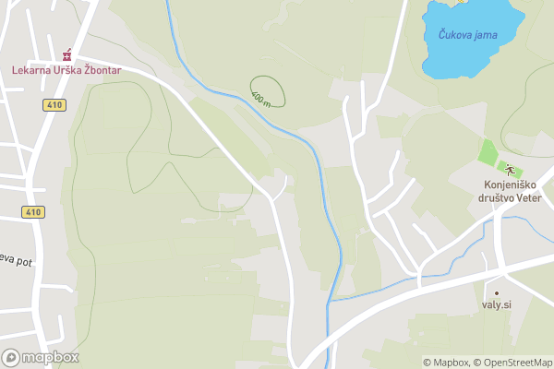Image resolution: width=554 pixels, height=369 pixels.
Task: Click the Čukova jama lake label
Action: (x=467, y=35)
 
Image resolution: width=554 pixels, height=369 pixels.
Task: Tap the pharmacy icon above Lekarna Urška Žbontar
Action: (x=66, y=55)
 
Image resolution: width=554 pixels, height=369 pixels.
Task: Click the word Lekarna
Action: (x=31, y=69)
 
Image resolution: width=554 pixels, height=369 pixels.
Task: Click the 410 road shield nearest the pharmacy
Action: (x=54, y=105)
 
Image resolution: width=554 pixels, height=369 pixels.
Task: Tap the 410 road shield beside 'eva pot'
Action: (x=34, y=212)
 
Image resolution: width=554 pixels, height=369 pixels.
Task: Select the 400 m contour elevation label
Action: (x=261, y=97)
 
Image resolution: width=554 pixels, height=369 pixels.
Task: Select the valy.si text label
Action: (x=496, y=305)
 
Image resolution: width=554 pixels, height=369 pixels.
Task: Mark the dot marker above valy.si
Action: (x=496, y=292)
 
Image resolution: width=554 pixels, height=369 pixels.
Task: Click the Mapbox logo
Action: (x=41, y=358)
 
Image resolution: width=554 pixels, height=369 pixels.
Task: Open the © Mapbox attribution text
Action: (x=446, y=363)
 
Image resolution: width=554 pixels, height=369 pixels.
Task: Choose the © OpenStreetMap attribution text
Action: (x=513, y=363)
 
